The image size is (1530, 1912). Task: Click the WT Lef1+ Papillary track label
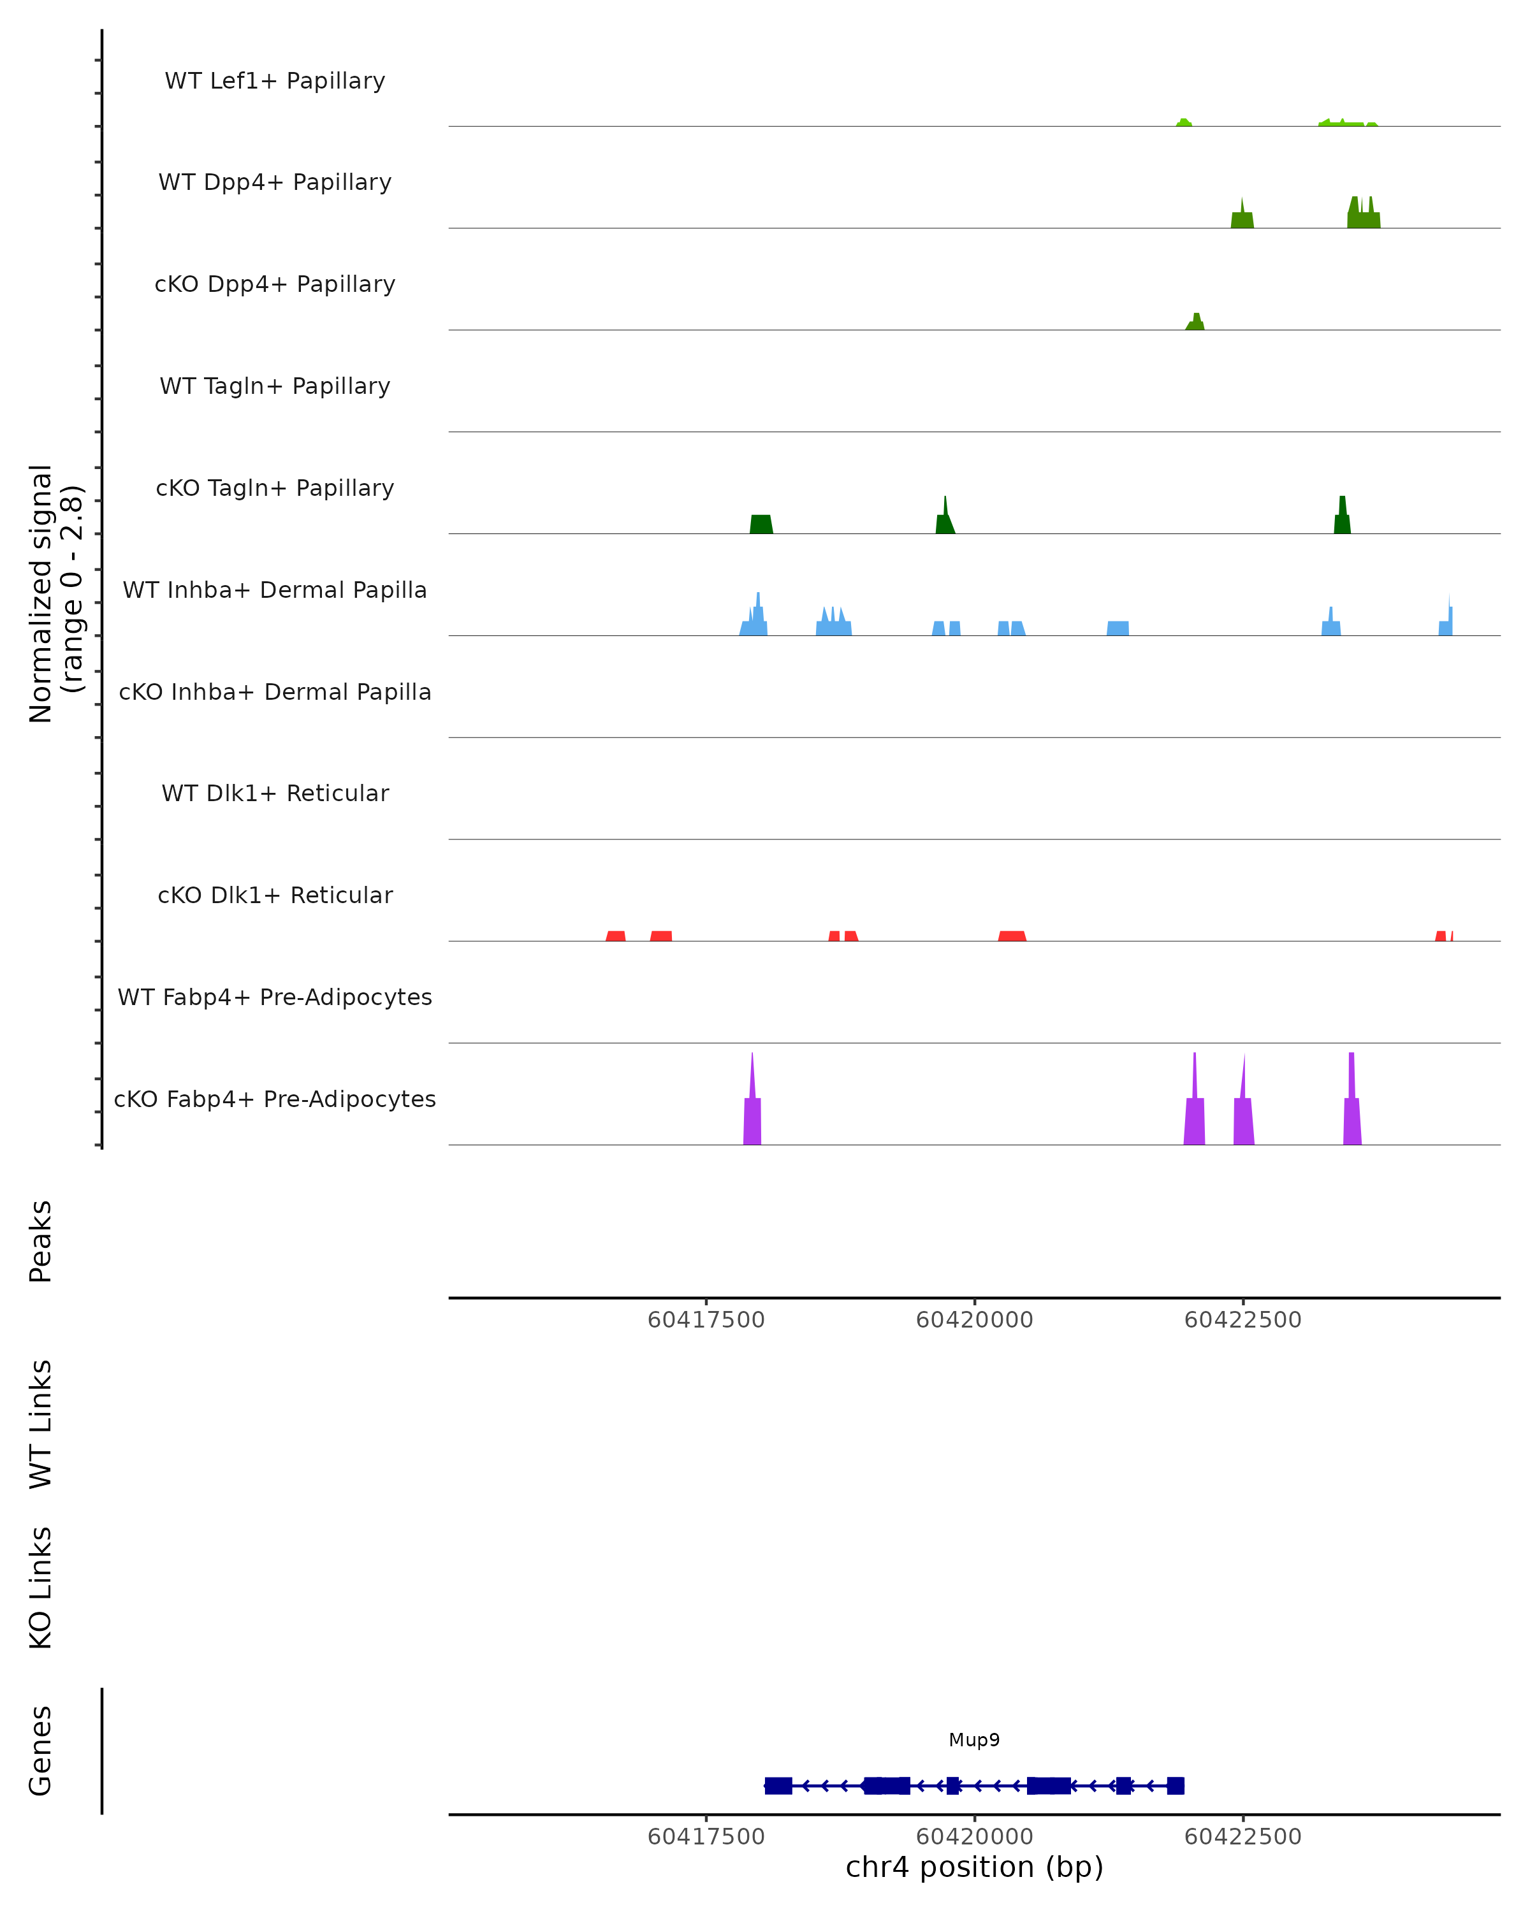pyautogui.click(x=275, y=81)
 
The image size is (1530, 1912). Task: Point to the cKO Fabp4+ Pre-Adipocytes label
pyautogui.click(x=275, y=1099)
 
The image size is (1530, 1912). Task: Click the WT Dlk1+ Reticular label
pyautogui.click(x=275, y=793)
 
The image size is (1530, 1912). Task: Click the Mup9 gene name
pyautogui.click(x=974, y=1740)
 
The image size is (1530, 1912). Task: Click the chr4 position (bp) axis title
pyautogui.click(x=974, y=1867)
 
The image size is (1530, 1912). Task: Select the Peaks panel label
pyautogui.click(x=41, y=1241)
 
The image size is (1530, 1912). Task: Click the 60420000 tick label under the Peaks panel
pyautogui.click(x=974, y=1320)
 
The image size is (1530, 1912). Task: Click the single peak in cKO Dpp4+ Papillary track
pyautogui.click(x=1195, y=322)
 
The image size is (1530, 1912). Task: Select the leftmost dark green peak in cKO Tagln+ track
pyautogui.click(x=761, y=524)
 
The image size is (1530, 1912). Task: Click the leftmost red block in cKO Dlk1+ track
pyautogui.click(x=616, y=936)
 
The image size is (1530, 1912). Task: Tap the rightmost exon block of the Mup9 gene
pyautogui.click(x=1175, y=1785)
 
